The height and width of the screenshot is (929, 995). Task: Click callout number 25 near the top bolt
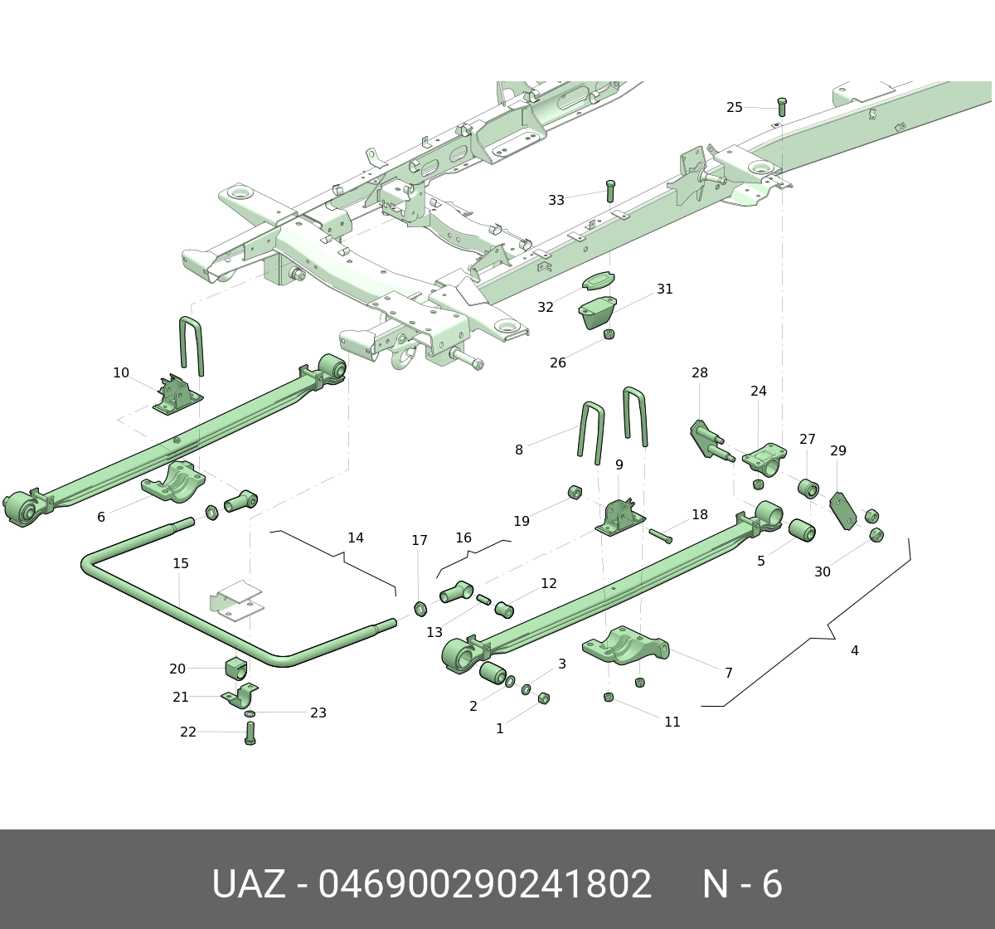point(735,107)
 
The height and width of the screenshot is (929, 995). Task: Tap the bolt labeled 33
point(611,190)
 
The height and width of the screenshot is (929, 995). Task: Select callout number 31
point(665,289)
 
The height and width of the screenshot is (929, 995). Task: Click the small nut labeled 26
point(609,334)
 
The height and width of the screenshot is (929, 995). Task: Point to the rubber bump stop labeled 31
point(598,313)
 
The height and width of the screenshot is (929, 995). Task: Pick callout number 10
point(121,373)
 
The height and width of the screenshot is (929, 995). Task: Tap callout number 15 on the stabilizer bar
point(181,564)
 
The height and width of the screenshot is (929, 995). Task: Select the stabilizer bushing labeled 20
point(235,667)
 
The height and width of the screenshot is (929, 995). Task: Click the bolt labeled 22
point(250,732)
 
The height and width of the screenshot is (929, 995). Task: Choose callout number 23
point(318,713)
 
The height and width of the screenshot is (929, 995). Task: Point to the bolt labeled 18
point(661,535)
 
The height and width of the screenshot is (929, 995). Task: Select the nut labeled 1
point(544,698)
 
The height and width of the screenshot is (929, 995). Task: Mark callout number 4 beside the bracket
point(854,651)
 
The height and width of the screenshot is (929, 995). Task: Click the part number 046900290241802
point(485,885)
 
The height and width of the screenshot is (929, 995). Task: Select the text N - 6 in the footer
point(742,885)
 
